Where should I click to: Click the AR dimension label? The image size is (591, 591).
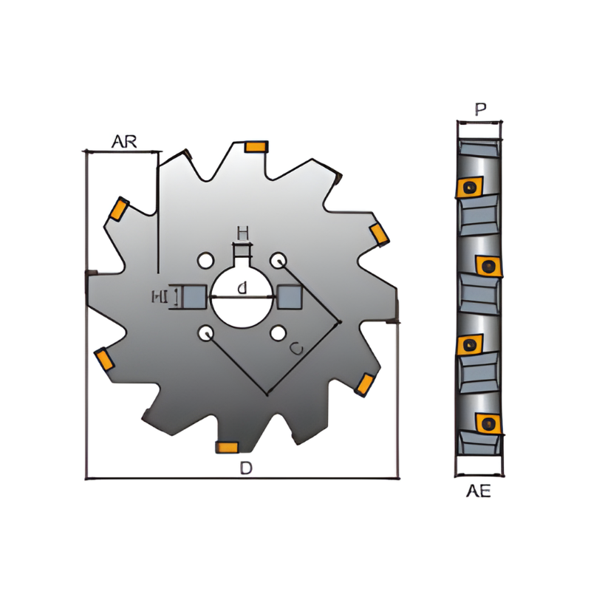(x=124, y=141)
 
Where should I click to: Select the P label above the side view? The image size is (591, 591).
(x=480, y=110)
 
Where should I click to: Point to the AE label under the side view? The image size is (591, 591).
(x=479, y=492)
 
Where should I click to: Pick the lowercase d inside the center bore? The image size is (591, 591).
(x=242, y=289)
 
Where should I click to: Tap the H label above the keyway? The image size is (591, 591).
(x=242, y=233)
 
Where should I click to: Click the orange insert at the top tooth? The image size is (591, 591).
(x=256, y=147)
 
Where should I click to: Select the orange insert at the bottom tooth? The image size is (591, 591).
(x=226, y=446)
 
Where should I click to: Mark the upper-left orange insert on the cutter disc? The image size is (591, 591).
(x=118, y=210)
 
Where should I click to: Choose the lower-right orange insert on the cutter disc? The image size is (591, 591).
(x=364, y=383)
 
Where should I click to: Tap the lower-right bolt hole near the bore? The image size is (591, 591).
(x=278, y=334)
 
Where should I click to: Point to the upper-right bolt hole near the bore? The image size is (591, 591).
(x=278, y=260)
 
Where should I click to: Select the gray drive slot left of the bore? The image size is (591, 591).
(x=193, y=297)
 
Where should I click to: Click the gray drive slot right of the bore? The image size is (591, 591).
(x=289, y=297)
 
